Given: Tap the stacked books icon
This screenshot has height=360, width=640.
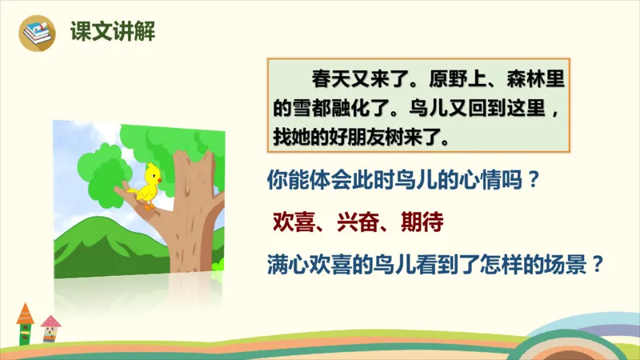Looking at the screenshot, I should [36, 33].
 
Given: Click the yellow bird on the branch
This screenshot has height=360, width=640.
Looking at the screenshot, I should [148, 184].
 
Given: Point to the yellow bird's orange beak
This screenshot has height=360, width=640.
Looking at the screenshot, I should [158, 180].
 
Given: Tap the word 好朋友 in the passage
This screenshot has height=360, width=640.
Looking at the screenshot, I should [359, 134].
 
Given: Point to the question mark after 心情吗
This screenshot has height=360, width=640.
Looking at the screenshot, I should [526, 181].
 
